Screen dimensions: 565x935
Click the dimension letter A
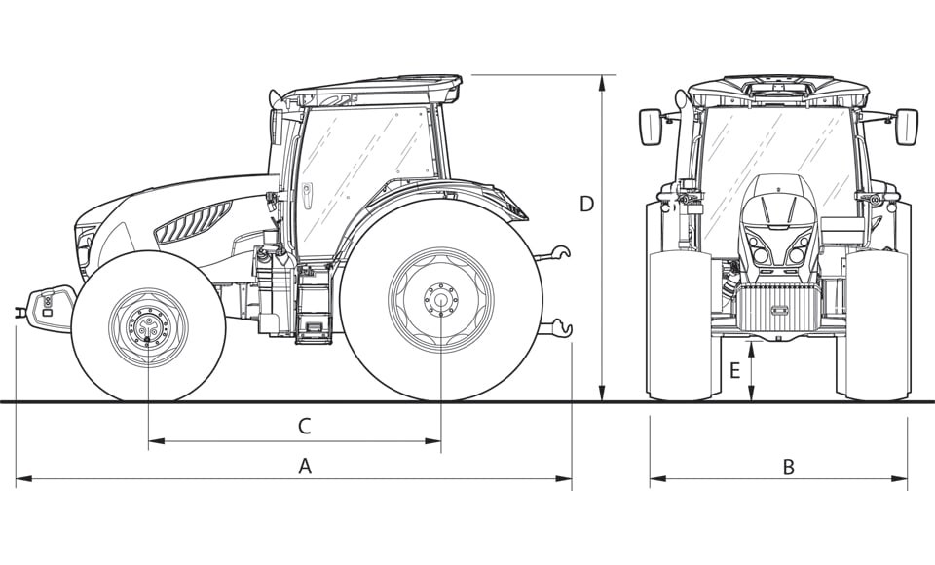(x=305, y=467)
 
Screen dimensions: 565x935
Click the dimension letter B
(x=788, y=467)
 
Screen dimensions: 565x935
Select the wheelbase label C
(x=304, y=426)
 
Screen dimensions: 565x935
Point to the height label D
(x=586, y=204)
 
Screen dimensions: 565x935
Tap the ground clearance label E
(x=734, y=370)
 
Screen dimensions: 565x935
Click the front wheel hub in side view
(x=148, y=326)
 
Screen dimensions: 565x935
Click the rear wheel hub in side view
(x=440, y=300)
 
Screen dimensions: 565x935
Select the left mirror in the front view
(x=651, y=127)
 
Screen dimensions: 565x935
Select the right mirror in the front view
(x=906, y=127)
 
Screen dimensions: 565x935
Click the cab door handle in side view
(x=308, y=196)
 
